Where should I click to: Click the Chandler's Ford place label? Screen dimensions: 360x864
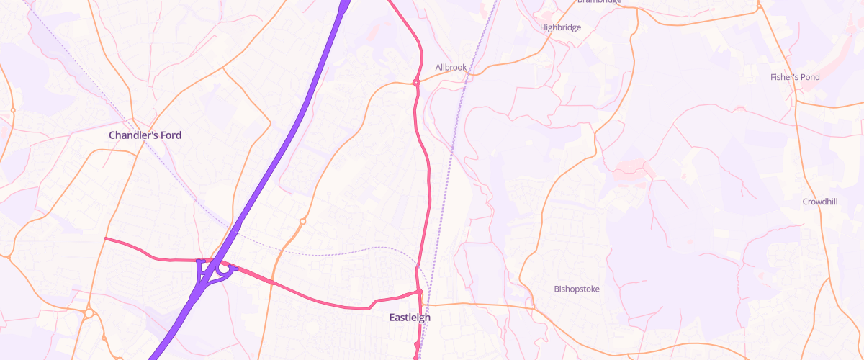pyautogui.click(x=145, y=135)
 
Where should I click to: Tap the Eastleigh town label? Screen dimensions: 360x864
pyautogui.click(x=409, y=318)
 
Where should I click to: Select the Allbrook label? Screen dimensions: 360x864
pyautogui.click(x=451, y=68)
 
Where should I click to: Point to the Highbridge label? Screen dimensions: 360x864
pyautogui.click(x=560, y=27)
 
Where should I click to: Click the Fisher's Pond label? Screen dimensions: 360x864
pyautogui.click(x=795, y=77)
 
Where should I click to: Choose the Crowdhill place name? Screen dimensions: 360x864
pyautogui.click(x=820, y=202)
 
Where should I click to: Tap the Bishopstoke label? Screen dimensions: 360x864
pyautogui.click(x=577, y=289)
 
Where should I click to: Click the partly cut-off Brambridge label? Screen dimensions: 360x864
pyautogui.click(x=598, y=2)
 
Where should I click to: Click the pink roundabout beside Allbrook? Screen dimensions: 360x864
pyautogui.click(x=416, y=83)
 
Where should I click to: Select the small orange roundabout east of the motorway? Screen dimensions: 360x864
pyautogui.click(x=302, y=222)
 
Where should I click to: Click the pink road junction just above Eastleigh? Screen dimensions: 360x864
pyautogui.click(x=419, y=292)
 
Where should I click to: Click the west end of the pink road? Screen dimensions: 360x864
pyautogui.click(x=107, y=238)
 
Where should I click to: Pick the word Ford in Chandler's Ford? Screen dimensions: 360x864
pyautogui.click(x=171, y=135)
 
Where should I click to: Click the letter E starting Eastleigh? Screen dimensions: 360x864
pyautogui.click(x=392, y=318)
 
